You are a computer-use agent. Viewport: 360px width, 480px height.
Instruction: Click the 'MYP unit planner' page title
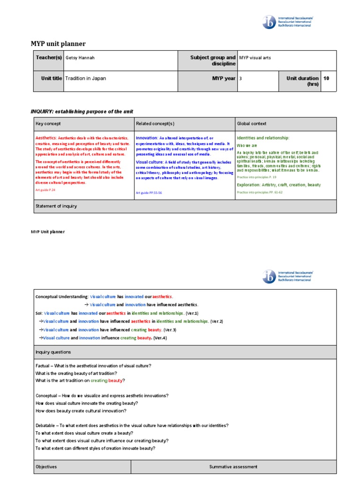click(x=58, y=44)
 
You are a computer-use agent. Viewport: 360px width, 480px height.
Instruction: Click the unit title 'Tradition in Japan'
click(x=85, y=78)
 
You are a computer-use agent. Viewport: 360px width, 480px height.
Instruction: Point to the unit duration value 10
click(x=326, y=78)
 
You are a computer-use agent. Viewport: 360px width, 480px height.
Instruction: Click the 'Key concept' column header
click(x=48, y=123)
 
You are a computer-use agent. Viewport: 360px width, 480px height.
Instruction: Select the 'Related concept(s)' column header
click(x=155, y=123)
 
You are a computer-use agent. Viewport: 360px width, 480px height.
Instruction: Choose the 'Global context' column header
click(x=252, y=123)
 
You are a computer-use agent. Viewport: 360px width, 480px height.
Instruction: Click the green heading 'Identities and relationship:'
click(x=263, y=138)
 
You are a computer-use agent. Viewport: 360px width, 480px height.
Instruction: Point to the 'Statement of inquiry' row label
click(x=56, y=206)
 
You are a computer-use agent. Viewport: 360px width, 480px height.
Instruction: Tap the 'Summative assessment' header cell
click(x=233, y=467)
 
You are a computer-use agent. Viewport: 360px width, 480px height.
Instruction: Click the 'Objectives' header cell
click(x=46, y=467)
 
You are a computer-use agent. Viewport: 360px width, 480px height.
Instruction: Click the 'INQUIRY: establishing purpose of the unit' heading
click(x=82, y=111)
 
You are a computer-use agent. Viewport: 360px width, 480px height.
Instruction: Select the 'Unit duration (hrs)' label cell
click(x=302, y=81)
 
